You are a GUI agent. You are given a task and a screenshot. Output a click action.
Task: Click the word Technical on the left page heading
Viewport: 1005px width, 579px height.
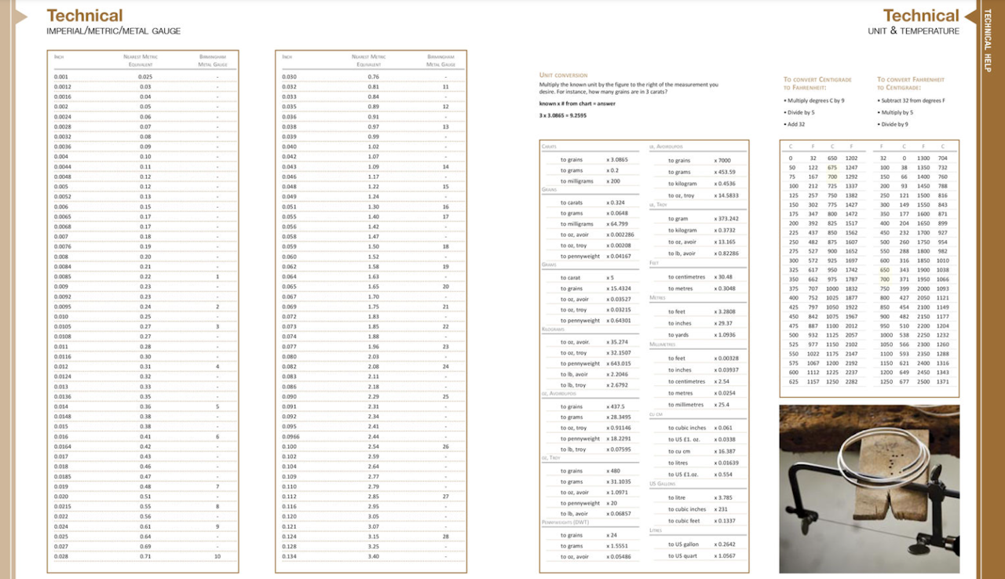click(x=85, y=16)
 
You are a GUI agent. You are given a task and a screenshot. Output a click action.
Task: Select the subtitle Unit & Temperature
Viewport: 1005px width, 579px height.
click(x=913, y=31)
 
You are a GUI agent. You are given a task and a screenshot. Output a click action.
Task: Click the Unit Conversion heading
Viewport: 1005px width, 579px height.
click(x=563, y=75)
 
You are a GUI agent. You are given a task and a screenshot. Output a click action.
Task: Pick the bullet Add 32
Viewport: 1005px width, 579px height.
click(x=795, y=124)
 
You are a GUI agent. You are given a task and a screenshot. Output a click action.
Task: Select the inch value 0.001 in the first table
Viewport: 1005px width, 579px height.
click(x=61, y=76)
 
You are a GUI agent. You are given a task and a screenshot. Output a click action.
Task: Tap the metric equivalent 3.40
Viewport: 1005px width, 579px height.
click(x=373, y=556)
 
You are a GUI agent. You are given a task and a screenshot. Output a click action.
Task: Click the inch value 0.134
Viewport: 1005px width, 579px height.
click(x=289, y=556)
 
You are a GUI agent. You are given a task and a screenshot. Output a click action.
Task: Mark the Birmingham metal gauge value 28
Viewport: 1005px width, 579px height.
click(x=445, y=536)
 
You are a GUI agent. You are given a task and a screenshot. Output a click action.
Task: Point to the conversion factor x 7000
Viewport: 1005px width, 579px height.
click(x=722, y=161)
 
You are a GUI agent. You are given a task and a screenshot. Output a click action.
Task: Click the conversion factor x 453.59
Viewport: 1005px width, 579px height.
click(x=725, y=172)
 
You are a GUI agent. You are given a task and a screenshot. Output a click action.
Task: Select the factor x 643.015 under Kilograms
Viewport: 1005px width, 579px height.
click(x=619, y=363)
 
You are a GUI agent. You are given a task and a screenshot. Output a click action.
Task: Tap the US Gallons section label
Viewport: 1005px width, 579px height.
click(x=663, y=484)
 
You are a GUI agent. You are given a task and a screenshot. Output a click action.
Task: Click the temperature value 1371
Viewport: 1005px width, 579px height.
click(x=942, y=381)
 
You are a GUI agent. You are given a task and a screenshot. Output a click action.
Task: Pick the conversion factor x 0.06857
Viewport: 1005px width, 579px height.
click(x=619, y=513)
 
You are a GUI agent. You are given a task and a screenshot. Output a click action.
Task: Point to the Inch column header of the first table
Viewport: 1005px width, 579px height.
click(x=59, y=57)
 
